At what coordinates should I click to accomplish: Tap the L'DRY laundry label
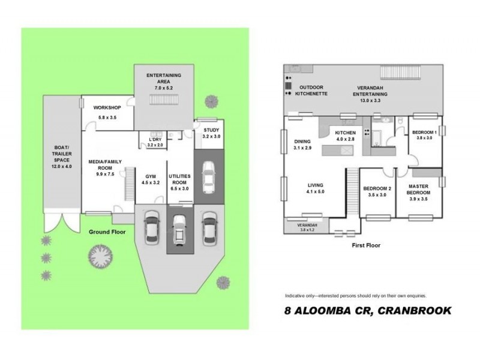[x=155, y=139]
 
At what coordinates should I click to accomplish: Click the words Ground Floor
[x=107, y=231]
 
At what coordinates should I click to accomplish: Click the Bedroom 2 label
[x=377, y=188]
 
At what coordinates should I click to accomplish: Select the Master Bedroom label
[x=419, y=190]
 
